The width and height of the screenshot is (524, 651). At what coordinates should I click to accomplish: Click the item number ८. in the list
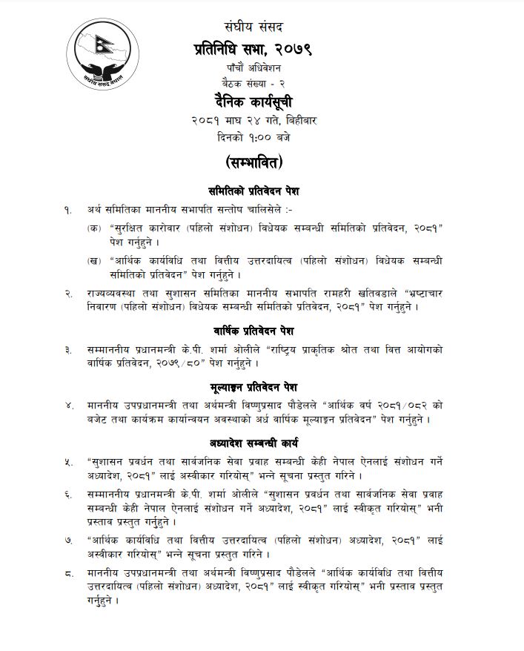[69, 572]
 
